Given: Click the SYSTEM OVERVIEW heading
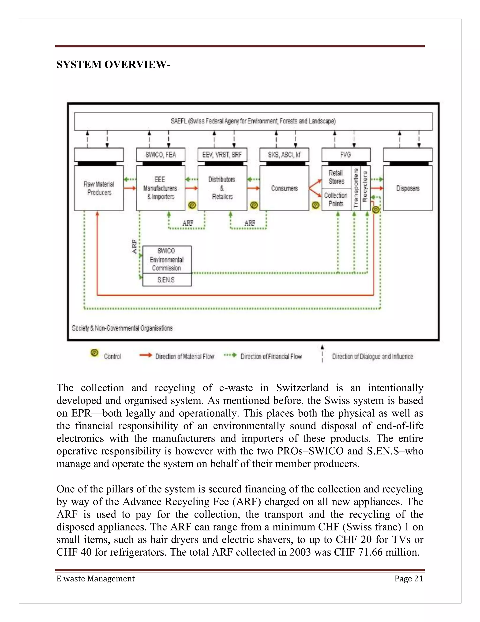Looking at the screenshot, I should [x=113, y=65].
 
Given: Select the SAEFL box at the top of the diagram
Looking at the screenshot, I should [x=253, y=121].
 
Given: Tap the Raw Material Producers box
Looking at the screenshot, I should [x=99, y=188].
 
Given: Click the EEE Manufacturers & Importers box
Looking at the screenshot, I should [x=160, y=188].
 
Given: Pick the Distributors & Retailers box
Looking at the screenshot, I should [x=222, y=188].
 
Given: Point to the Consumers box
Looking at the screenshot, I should [x=284, y=188].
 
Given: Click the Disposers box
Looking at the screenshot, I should [x=408, y=188].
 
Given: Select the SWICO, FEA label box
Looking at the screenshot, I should [x=161, y=155].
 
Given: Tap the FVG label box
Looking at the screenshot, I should [x=346, y=155].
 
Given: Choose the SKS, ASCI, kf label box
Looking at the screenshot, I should [x=284, y=155].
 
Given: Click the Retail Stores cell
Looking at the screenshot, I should [x=336, y=177].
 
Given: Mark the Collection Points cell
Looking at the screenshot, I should [x=336, y=199].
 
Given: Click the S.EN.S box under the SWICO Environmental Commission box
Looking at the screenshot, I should [x=167, y=280].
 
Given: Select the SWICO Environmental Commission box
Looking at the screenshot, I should [x=167, y=259].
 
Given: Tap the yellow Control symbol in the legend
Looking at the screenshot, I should [x=94, y=353].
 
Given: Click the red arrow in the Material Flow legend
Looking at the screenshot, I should [x=146, y=355].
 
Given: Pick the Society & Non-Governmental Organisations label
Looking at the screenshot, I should [x=122, y=328].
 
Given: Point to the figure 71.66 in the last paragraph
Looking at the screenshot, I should [x=370, y=552].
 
